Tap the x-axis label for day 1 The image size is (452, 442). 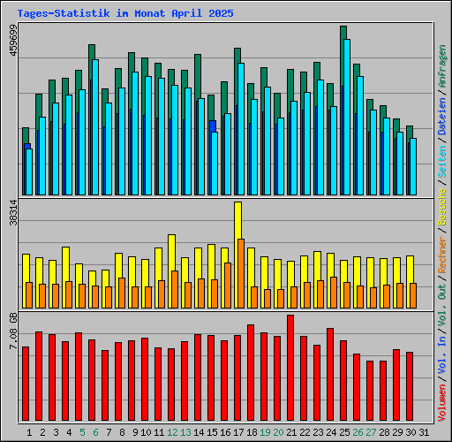[x=29, y=432]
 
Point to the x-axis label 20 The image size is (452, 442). [x=278, y=432]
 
